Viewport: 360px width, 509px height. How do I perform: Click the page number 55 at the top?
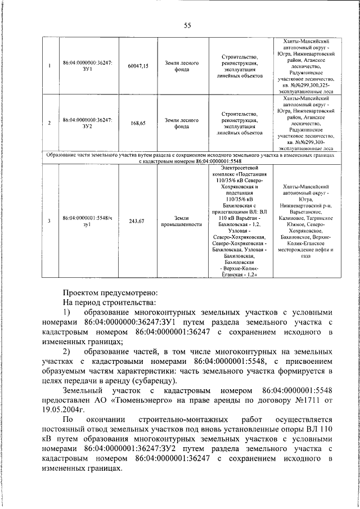(188, 24)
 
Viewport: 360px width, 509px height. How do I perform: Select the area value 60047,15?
(138, 66)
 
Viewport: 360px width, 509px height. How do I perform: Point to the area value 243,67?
(137, 221)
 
